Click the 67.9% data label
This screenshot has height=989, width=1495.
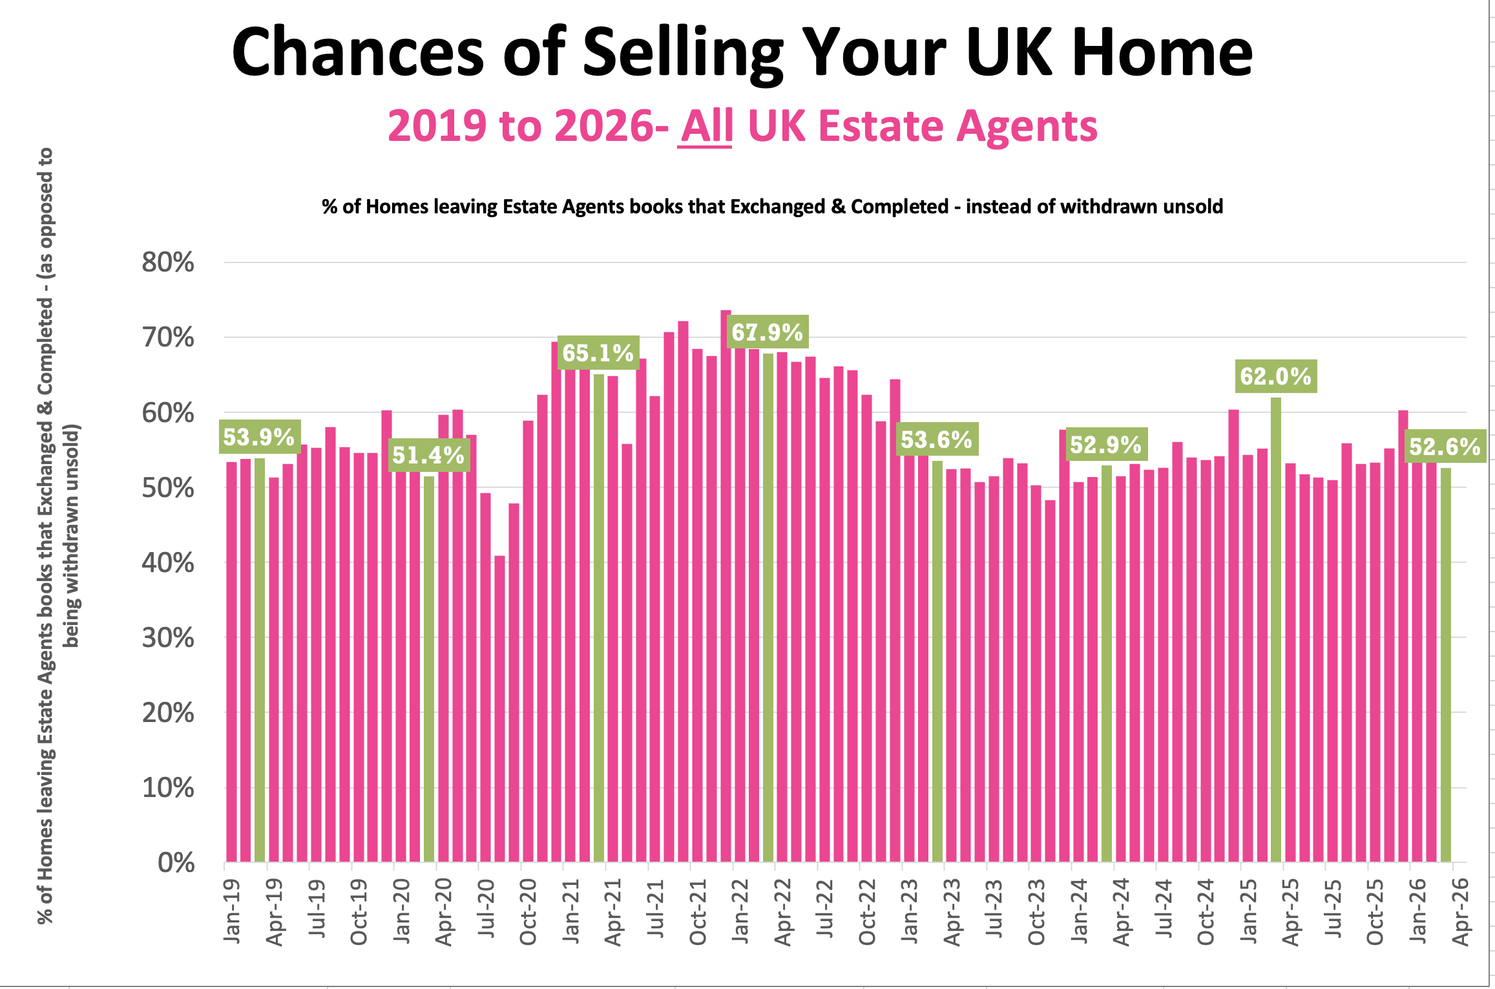[767, 332]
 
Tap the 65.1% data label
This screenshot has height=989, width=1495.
[598, 353]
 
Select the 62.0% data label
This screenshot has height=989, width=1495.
[1275, 376]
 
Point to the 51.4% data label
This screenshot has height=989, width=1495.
[428, 455]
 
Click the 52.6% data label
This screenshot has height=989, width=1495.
[1445, 447]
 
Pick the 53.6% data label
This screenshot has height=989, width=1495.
[936, 440]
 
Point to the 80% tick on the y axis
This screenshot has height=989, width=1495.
[168, 262]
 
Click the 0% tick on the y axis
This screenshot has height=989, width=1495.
[176, 862]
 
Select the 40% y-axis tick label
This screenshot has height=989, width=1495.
[168, 562]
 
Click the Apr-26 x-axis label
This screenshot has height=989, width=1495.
[1460, 912]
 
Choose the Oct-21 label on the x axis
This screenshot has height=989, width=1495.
[697, 912]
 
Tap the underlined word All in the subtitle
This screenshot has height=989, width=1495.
[706, 126]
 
